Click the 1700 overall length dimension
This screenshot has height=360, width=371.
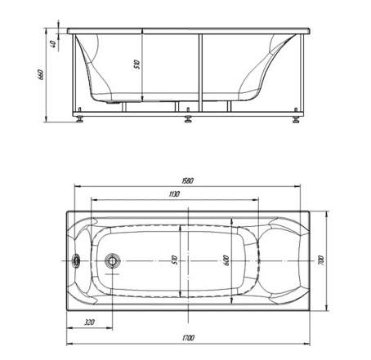point(188,338)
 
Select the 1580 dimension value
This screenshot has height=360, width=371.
point(187,180)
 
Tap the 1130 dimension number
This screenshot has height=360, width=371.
point(174,194)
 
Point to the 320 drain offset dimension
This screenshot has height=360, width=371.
point(89,322)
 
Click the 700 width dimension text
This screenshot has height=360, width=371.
point(321,260)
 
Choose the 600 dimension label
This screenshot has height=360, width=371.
point(226,260)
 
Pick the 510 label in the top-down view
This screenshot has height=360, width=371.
point(175,260)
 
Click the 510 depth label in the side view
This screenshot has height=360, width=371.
point(137,64)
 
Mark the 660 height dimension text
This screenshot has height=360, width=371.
point(41,74)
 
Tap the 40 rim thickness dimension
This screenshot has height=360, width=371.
point(53,43)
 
